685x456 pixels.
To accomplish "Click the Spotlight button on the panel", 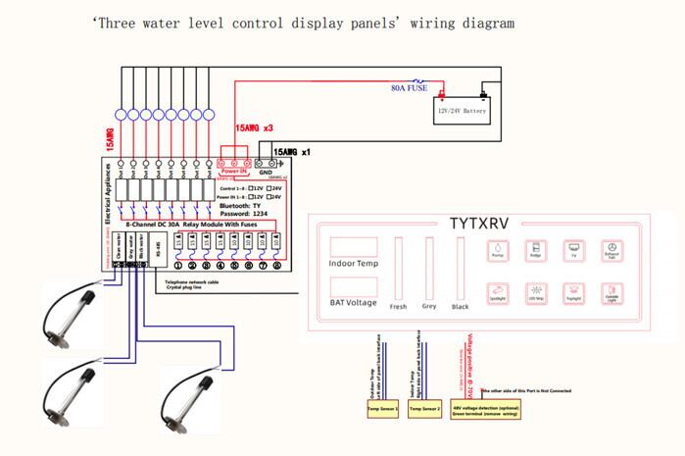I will pos(496,291).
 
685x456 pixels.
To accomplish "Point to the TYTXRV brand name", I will pos(488,223).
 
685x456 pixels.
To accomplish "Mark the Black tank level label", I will pos(458,305).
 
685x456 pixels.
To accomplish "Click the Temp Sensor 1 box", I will pos(382,406).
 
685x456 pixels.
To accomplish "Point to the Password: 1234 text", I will pos(246,213).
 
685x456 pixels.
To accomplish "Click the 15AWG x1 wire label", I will pos(293,153).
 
